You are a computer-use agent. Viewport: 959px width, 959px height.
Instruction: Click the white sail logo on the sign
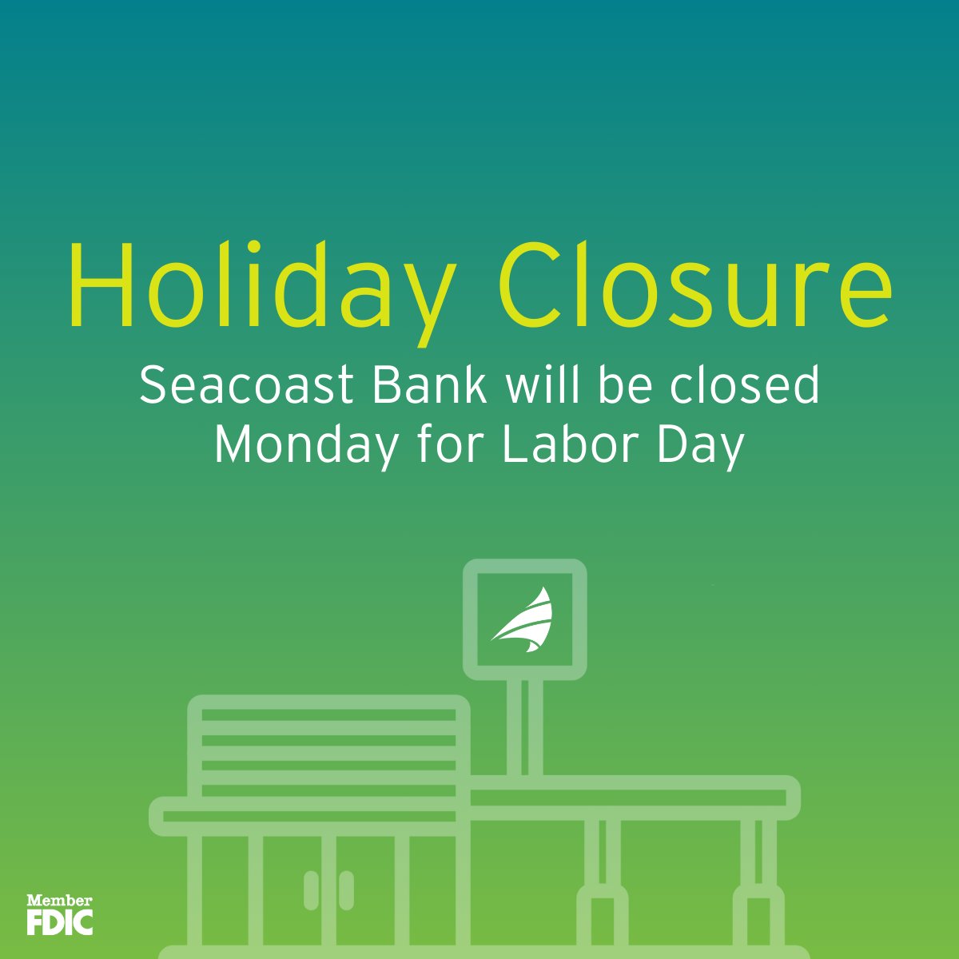pyautogui.click(x=523, y=620)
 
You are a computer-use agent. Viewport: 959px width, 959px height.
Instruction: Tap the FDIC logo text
pyautogui.click(x=60, y=921)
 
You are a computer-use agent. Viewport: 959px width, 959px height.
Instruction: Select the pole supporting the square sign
pyautogui.click(x=524, y=727)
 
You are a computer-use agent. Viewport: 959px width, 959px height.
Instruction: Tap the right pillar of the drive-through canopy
pyautogui.click(x=758, y=879)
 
